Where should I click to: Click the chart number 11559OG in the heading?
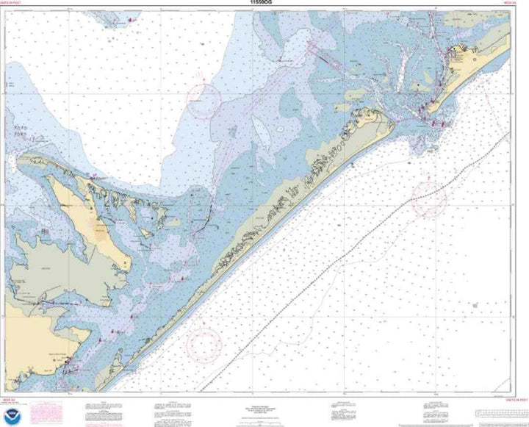(264, 4)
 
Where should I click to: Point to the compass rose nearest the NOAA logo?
(205, 342)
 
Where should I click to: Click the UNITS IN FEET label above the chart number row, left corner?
(15, 4)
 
